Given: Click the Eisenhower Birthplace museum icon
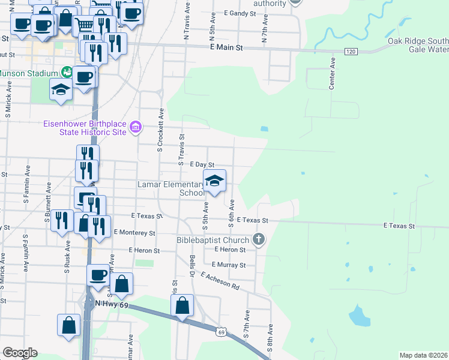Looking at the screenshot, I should pyautogui.click(x=136, y=127).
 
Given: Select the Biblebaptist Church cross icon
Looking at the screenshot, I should pyautogui.click(x=259, y=239).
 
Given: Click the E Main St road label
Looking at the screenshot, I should pyautogui.click(x=226, y=47).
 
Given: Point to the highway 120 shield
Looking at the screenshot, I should pyautogui.click(x=351, y=52).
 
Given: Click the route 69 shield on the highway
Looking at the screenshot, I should pyautogui.click(x=221, y=332).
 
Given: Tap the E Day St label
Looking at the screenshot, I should pyautogui.click(x=202, y=164).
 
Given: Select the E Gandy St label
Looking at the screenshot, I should pyautogui.click(x=240, y=13).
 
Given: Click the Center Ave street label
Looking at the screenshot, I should pyautogui.click(x=331, y=74).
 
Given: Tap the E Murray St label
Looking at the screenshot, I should pyautogui.click(x=229, y=265).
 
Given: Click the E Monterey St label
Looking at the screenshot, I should pyautogui.click(x=134, y=232).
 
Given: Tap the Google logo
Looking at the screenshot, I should pyautogui.click(x=19, y=352).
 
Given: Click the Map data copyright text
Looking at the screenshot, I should pyautogui.click(x=423, y=355).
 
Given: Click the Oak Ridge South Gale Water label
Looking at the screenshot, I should pyautogui.click(x=418, y=45).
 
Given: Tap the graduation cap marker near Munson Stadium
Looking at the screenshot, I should pyautogui.click(x=61, y=91).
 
